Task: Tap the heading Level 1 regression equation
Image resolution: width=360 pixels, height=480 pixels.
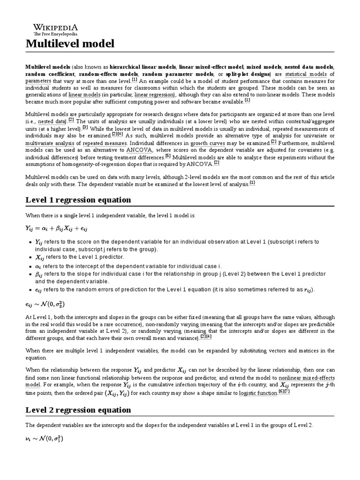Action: tap(78, 200)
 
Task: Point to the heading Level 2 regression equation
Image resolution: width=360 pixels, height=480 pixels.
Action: tap(78, 410)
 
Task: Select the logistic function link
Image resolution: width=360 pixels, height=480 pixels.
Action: tap(258, 393)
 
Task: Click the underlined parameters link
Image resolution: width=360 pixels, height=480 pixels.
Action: tap(38, 81)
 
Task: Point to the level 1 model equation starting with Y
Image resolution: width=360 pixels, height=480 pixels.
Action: tap(57, 228)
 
